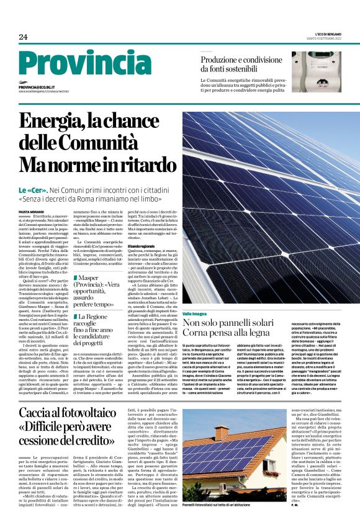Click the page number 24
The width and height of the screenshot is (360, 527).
tap(23, 37)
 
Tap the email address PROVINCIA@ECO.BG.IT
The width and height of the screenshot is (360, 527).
tap(37, 88)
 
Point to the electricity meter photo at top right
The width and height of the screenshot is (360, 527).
tap(316, 71)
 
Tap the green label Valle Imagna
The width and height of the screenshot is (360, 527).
tap(195, 314)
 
